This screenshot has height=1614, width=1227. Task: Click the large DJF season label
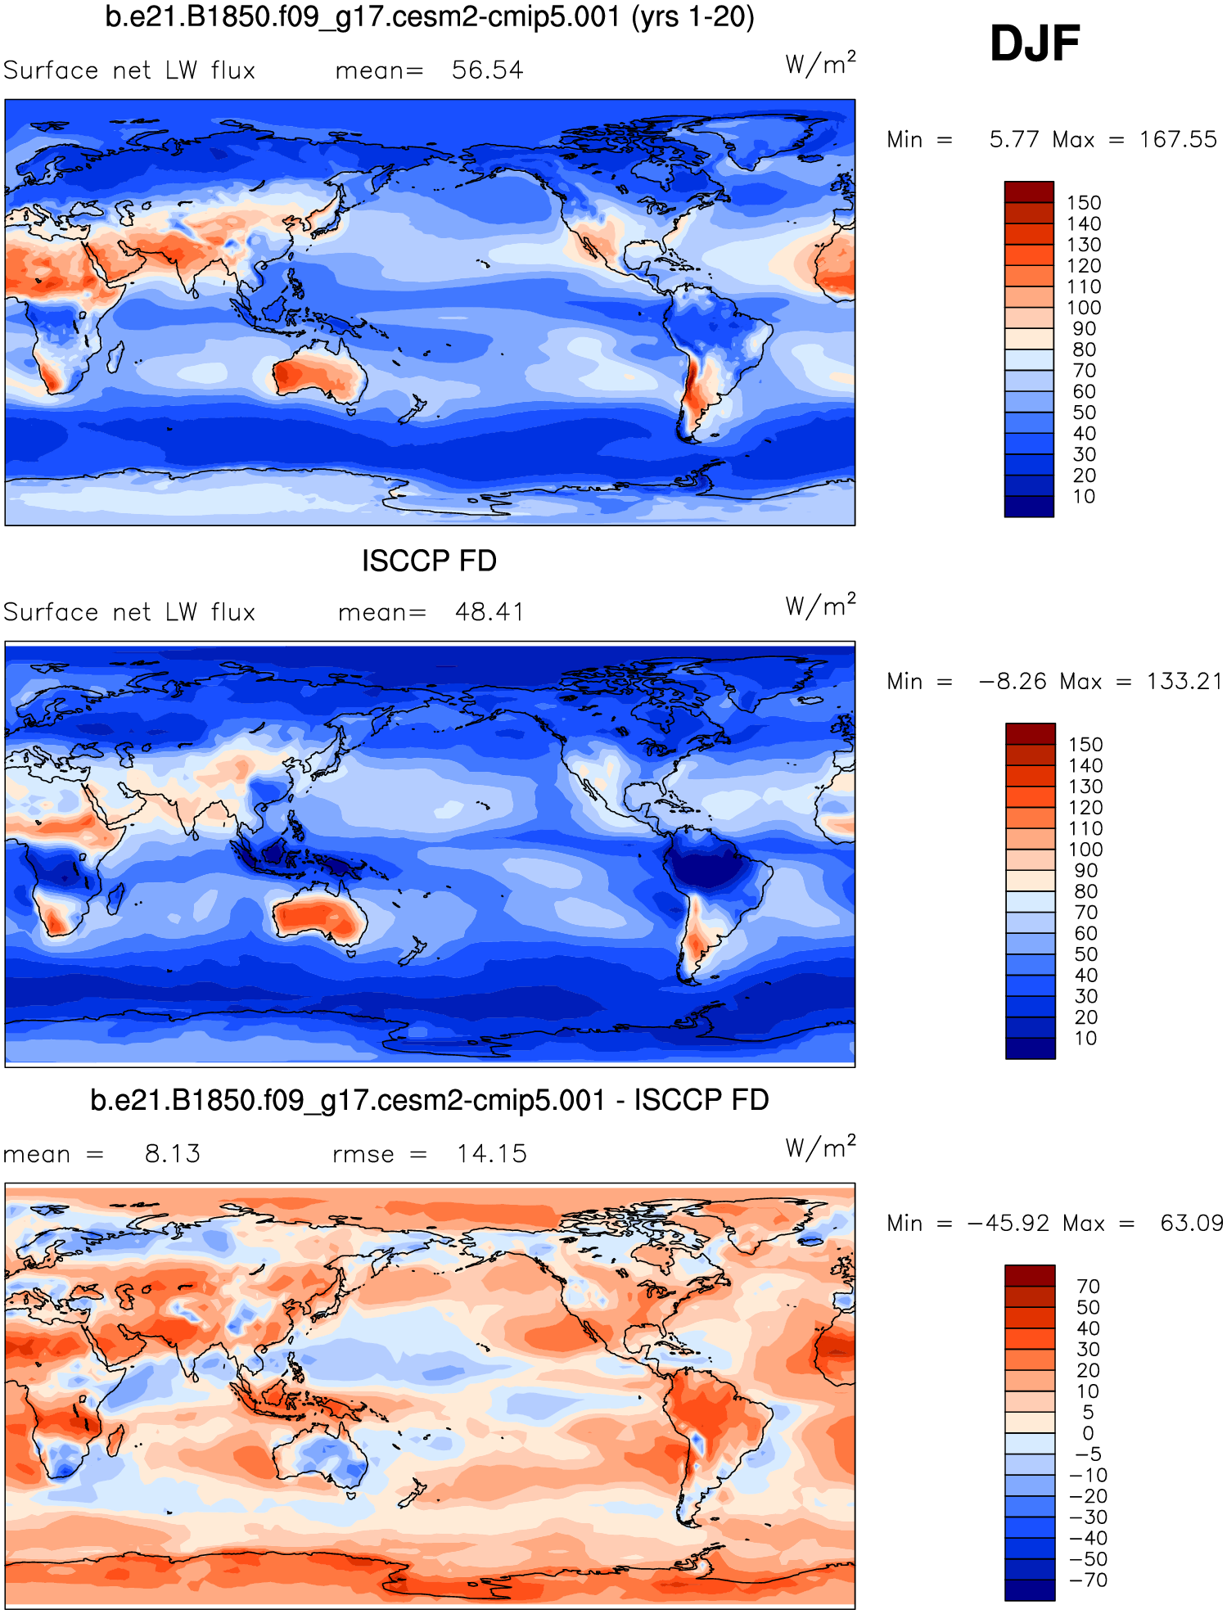tap(1035, 43)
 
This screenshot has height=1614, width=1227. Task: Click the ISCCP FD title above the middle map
tap(429, 561)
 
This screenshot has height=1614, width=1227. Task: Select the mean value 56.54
tap(487, 70)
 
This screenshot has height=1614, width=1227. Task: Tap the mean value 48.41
tap(489, 612)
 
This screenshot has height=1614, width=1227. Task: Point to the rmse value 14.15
tap(491, 1154)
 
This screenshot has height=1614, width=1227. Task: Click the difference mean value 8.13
tap(172, 1154)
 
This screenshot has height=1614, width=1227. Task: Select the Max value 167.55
tap(1178, 140)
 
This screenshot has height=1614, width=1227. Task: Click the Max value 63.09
tap(1191, 1224)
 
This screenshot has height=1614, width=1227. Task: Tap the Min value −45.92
tap(1008, 1224)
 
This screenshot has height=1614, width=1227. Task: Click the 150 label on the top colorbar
tap(1084, 203)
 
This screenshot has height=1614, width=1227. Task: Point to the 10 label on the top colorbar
tap(1084, 497)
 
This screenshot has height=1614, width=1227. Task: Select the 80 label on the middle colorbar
tap(1085, 891)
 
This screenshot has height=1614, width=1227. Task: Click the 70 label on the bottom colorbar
tap(1088, 1287)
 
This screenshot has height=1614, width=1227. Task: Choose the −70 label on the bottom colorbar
tap(1088, 1580)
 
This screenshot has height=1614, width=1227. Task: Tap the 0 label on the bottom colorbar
tap(1088, 1433)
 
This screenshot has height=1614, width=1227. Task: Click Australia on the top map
tap(319, 376)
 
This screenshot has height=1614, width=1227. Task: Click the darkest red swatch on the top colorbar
tap(1029, 192)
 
